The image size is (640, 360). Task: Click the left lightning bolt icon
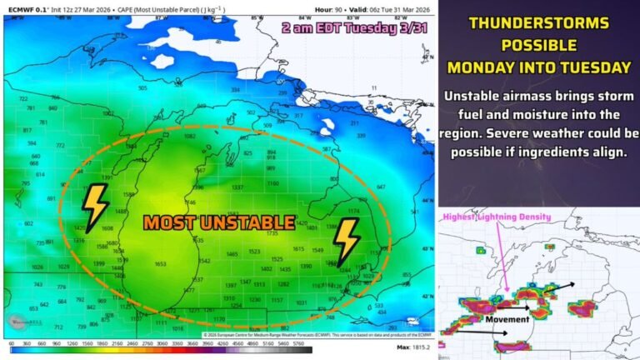click(x=95, y=208)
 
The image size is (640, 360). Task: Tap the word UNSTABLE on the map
click(x=254, y=222)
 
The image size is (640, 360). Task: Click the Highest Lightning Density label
click(x=498, y=217)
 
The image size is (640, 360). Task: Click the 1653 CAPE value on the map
click(x=160, y=263)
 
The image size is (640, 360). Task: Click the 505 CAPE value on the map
click(x=142, y=87)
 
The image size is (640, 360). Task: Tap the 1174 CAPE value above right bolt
click(x=352, y=212)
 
